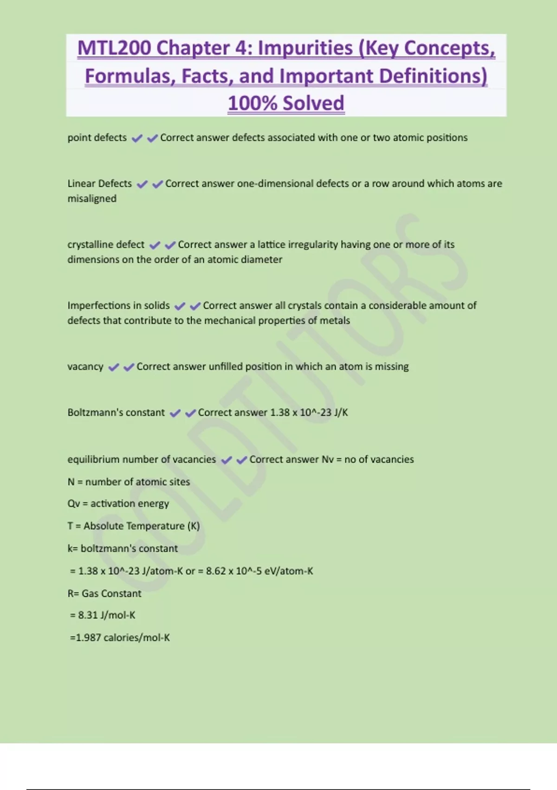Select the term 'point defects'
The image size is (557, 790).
click(97, 138)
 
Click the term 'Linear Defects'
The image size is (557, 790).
click(99, 184)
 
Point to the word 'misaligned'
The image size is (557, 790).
click(92, 198)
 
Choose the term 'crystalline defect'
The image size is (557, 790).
click(106, 244)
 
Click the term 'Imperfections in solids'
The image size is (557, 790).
click(118, 305)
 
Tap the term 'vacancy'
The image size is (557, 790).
click(85, 366)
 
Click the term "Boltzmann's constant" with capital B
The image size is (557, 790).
click(116, 412)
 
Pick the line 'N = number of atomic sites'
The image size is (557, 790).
click(129, 481)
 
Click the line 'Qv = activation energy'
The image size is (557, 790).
click(118, 503)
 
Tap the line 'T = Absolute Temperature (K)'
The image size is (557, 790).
click(134, 526)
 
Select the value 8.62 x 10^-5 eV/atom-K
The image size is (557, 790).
click(259, 571)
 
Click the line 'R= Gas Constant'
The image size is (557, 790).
click(104, 593)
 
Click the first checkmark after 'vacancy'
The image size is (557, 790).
click(113, 367)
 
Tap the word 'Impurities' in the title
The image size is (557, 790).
click(305, 48)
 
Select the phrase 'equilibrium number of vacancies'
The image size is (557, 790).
click(142, 459)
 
